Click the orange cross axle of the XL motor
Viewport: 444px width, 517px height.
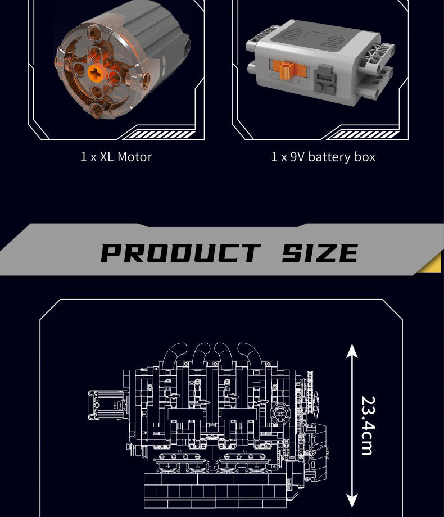[96, 71]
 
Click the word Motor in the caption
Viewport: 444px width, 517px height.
[134, 157]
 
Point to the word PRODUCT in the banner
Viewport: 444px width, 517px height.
[180, 253]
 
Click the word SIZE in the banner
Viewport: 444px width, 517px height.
[320, 253]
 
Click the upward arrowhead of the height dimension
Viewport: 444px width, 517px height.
[352, 351]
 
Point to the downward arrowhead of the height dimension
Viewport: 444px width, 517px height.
[352, 501]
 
